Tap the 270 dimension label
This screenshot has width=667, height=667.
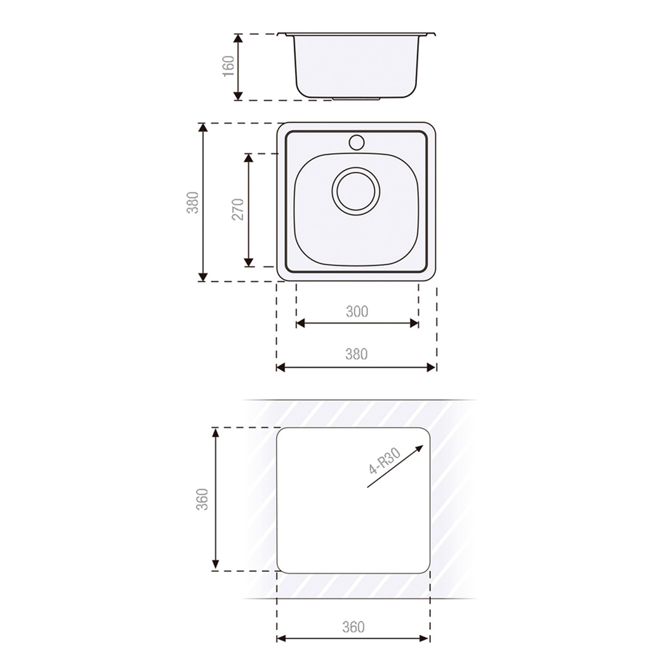click(x=238, y=209)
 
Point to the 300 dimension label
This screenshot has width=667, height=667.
click(x=357, y=311)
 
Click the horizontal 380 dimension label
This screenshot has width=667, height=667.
click(x=356, y=355)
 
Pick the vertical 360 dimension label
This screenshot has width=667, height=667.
click(x=202, y=499)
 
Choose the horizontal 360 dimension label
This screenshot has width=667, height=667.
click(x=353, y=627)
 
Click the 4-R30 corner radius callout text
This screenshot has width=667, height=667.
click(x=385, y=462)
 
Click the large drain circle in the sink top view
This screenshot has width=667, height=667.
click(x=356, y=191)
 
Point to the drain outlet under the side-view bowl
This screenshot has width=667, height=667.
click(x=357, y=99)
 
